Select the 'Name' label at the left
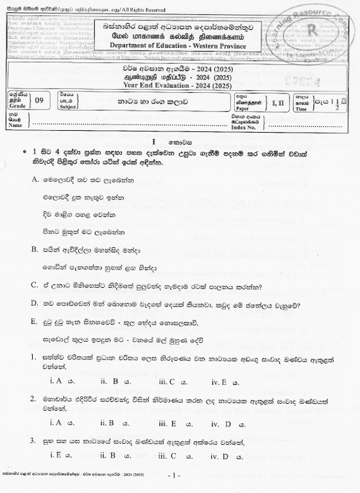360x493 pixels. click(15, 125)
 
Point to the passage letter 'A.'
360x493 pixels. click(36, 181)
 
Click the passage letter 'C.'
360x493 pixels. click(36, 286)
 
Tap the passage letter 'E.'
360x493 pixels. click(36, 321)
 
